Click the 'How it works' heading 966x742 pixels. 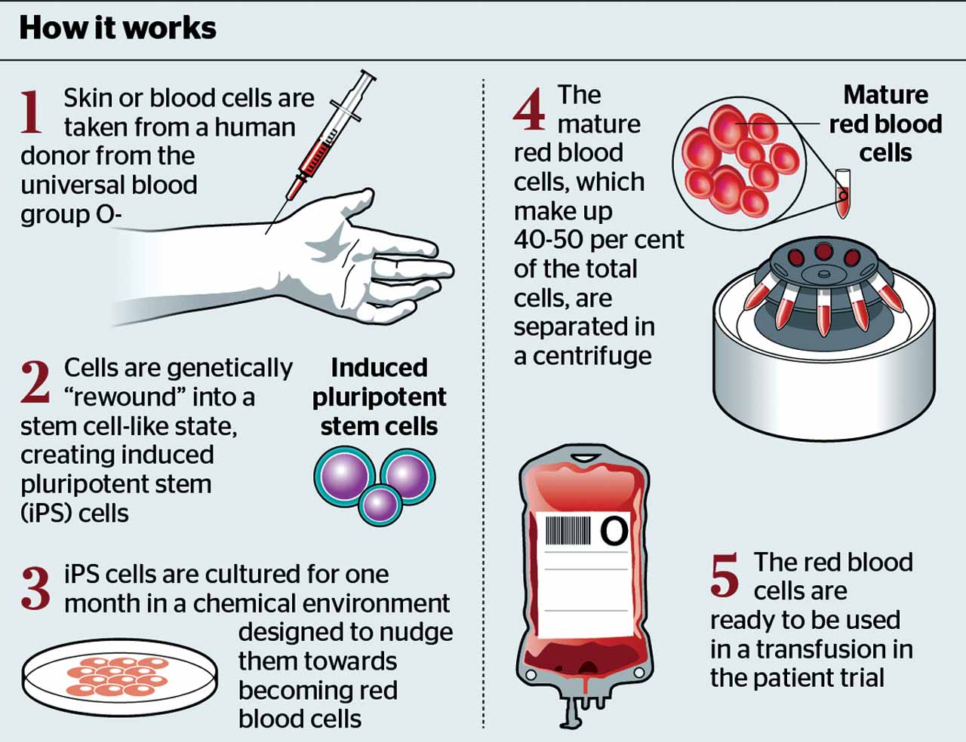pyautogui.click(x=118, y=28)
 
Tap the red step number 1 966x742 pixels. pyautogui.click(x=32, y=111)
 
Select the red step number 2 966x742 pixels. pyautogui.click(x=35, y=382)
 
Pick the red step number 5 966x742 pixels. pyautogui.click(x=724, y=575)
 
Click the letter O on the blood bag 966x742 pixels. pyautogui.click(x=614, y=531)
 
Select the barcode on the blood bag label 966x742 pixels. pyautogui.click(x=568, y=530)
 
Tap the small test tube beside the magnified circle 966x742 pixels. pyautogui.click(x=842, y=194)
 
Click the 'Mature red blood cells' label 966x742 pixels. pyautogui.click(x=885, y=124)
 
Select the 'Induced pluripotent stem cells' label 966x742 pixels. pyautogui.click(x=379, y=397)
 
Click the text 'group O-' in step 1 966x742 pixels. pyautogui.click(x=71, y=214)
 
